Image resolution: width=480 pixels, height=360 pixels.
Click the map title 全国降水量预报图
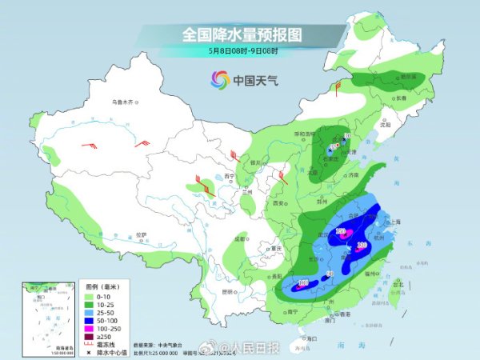(x=241, y=34)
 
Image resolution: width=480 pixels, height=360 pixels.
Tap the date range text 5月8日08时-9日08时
(x=241, y=50)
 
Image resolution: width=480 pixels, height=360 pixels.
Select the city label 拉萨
(x=141, y=234)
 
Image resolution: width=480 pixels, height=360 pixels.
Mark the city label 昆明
(x=229, y=290)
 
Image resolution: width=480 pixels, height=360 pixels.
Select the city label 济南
(x=354, y=174)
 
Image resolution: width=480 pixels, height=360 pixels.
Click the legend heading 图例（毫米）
(x=102, y=286)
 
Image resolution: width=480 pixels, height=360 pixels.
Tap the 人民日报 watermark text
(x=262, y=348)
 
